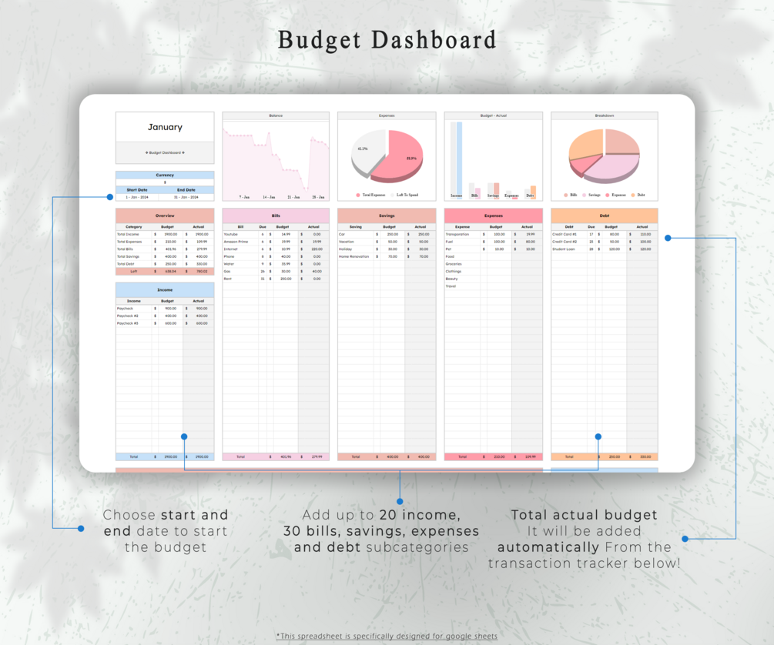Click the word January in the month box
click(165, 127)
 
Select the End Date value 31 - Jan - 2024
click(186, 197)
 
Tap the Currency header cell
click(165, 175)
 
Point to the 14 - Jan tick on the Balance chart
click(268, 197)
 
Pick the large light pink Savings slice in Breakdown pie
click(608, 168)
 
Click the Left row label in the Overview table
click(133, 271)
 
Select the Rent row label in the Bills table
click(227, 279)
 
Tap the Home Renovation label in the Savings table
click(353, 256)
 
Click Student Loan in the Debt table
click(563, 249)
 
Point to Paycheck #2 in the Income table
click(128, 316)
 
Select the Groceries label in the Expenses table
click(454, 264)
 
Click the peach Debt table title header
click(605, 216)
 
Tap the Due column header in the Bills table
click(263, 227)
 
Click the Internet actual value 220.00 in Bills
click(316, 249)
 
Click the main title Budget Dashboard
click(387, 39)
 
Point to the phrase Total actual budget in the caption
click(584, 514)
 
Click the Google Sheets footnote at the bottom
click(387, 637)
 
